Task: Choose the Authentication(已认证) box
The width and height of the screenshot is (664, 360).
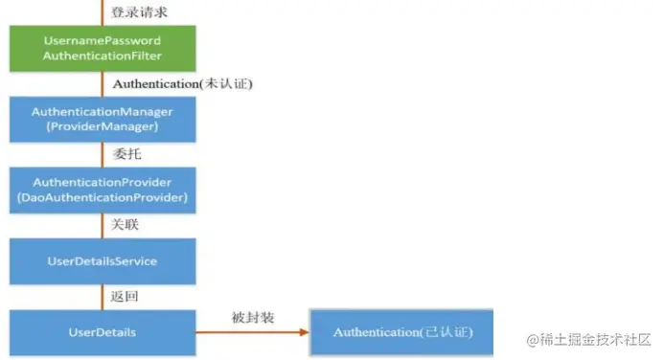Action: [x=402, y=331]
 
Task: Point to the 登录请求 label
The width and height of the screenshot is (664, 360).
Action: [x=138, y=12]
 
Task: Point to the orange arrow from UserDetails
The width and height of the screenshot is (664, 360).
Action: [x=254, y=332]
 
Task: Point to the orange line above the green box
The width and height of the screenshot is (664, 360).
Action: [x=102, y=12]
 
